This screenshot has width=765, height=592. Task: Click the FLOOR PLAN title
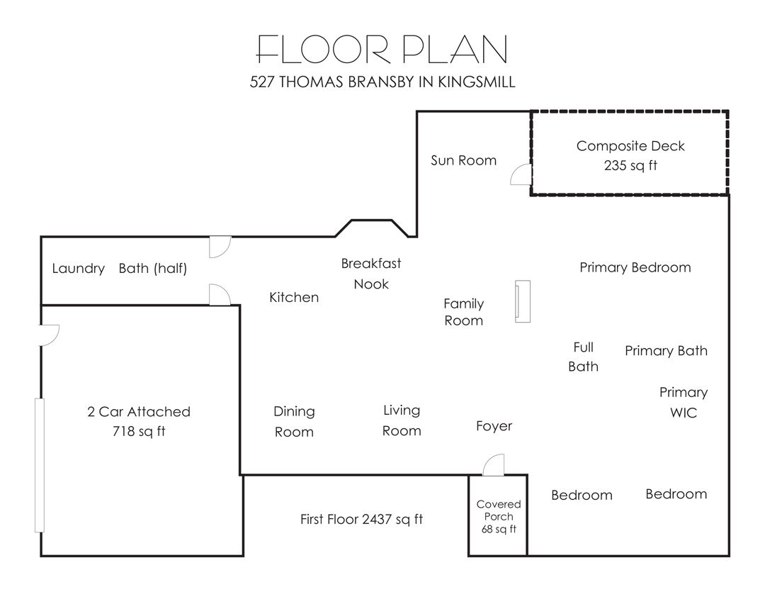(382, 50)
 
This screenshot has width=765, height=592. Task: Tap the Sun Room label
(463, 160)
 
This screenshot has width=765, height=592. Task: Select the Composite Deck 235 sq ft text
(630, 155)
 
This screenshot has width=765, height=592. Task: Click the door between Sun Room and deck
(521, 174)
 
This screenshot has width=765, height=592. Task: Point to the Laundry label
(79, 269)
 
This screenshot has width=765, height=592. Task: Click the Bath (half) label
(153, 268)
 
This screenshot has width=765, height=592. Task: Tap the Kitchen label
(294, 297)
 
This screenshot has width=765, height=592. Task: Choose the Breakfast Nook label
(370, 274)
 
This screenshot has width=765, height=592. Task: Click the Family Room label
(463, 312)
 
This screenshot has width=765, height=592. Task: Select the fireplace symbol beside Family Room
(523, 301)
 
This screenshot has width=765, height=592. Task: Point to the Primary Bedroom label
(635, 268)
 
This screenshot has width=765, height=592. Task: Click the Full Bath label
(584, 357)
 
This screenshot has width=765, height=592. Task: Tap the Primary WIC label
(684, 403)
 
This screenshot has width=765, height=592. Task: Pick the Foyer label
(494, 426)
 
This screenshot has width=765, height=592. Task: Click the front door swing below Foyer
(493, 464)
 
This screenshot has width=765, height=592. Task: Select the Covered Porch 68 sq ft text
(499, 516)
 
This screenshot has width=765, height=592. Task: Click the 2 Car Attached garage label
(139, 421)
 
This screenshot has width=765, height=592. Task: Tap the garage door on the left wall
(40, 465)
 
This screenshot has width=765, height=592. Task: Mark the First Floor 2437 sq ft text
(361, 519)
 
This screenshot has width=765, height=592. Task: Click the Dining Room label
(294, 422)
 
